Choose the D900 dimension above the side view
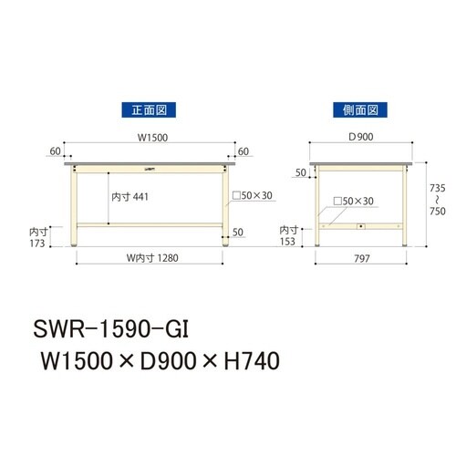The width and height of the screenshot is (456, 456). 360,140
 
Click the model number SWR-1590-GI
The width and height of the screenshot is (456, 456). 115,326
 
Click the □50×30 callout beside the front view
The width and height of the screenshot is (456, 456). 252,196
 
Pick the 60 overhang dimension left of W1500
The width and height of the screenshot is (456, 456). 57,150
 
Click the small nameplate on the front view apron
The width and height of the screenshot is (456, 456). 149,168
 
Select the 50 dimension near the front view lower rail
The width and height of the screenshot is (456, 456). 237,233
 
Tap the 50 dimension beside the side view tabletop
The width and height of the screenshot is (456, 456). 300,171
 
